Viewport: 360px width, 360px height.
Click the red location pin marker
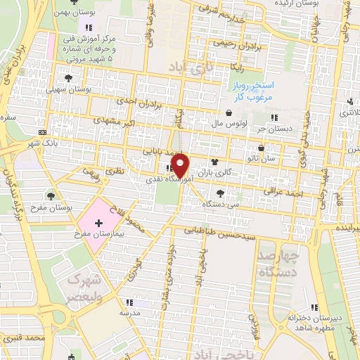pos(181,165)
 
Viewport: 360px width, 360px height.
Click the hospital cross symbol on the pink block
pos(98,223)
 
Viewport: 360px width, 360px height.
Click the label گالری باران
pos(215,172)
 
